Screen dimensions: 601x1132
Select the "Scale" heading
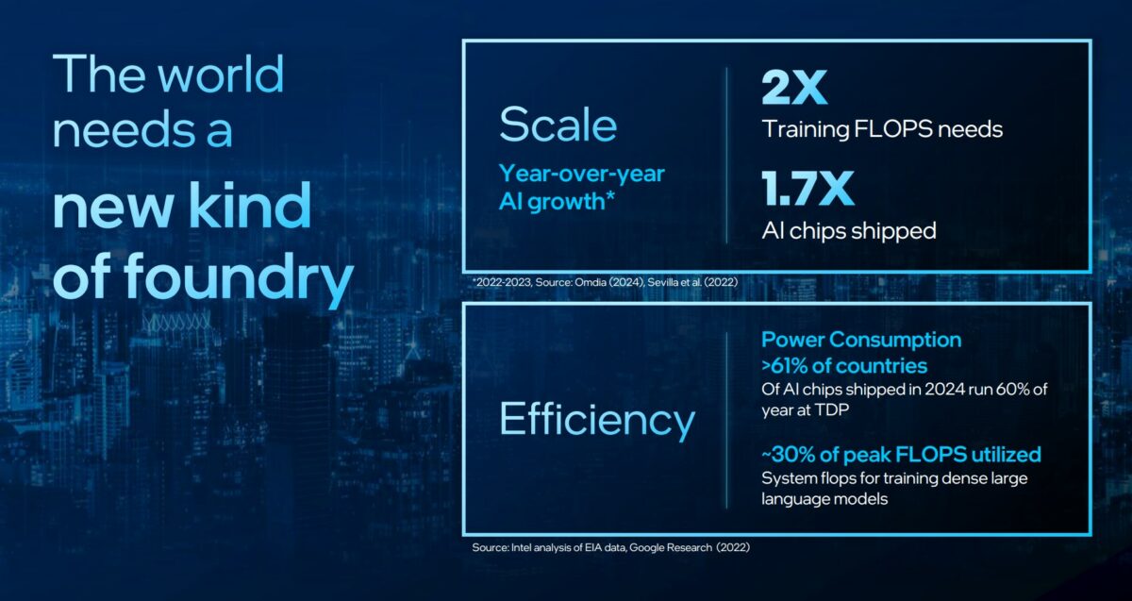[x=558, y=125]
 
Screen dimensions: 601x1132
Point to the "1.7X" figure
[x=807, y=190]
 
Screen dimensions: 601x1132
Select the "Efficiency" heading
[x=596, y=419]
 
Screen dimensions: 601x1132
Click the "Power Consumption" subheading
[x=861, y=340]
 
